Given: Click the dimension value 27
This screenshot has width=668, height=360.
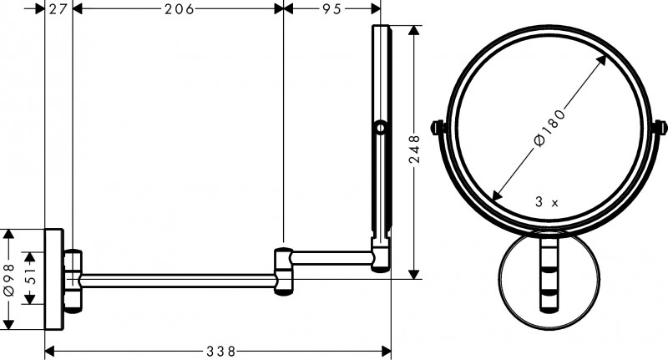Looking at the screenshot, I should coord(58,9).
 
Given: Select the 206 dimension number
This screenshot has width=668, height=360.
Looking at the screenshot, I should coord(178,9).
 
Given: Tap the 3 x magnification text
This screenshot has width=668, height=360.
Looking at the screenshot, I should coord(546,201).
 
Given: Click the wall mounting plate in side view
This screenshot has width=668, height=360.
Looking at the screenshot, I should coord(53,281).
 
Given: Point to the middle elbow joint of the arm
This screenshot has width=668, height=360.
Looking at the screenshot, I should coord(283,270).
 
